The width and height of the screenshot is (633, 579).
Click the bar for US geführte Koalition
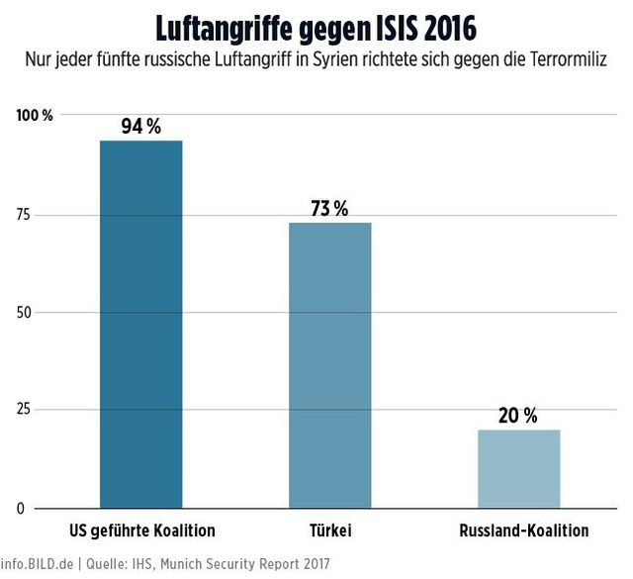click(x=140, y=325)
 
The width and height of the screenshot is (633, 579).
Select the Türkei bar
click(x=329, y=365)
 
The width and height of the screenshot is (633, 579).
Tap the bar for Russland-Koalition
click(x=518, y=469)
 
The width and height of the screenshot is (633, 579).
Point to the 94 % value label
click(x=140, y=127)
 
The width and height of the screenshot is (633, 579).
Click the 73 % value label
click(x=329, y=209)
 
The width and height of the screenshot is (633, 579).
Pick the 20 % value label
click(x=518, y=416)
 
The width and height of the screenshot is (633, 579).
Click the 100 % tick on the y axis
click(x=35, y=116)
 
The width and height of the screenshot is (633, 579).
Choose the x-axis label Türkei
click(x=329, y=531)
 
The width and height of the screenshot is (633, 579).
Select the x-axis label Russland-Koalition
click(x=524, y=531)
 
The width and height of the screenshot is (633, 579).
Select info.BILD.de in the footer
click(x=38, y=563)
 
